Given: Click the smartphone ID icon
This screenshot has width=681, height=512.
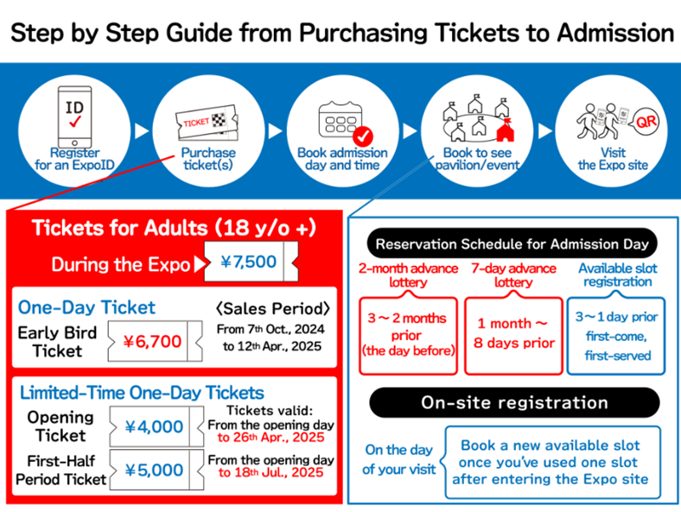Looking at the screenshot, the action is point(74,117).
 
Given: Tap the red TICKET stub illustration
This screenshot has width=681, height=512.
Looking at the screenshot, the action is point(207,123).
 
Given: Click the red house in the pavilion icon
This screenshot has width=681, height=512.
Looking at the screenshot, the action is point(505,130).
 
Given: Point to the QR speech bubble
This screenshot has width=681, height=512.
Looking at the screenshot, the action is point(646,122).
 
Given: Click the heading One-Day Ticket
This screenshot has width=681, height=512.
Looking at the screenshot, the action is point(86,307).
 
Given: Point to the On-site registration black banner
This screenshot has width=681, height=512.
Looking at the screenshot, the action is point(514,402).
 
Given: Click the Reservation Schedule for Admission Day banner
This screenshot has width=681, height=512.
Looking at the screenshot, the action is point(512,243).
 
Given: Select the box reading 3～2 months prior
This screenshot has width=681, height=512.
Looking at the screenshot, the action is point(408,335).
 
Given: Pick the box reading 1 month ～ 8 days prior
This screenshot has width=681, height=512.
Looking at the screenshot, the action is point(514,335).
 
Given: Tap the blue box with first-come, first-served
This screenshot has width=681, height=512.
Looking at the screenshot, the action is point(616,335).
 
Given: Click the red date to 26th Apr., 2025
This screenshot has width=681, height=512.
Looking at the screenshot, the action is point(271,438).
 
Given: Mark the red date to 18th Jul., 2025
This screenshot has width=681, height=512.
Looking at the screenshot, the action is point(271,472).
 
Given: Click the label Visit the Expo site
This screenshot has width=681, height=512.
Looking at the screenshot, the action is point(613,159).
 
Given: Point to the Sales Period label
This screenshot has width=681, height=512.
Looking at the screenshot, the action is point(273,308).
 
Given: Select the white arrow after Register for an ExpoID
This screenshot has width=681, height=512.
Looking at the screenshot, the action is point(142,131).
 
